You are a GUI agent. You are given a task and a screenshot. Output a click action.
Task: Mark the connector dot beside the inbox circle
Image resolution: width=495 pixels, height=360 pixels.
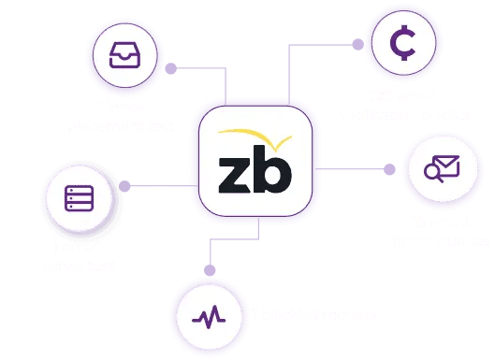click(171, 68)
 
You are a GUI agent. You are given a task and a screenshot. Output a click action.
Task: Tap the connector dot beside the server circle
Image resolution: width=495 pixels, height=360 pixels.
click(123, 187)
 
